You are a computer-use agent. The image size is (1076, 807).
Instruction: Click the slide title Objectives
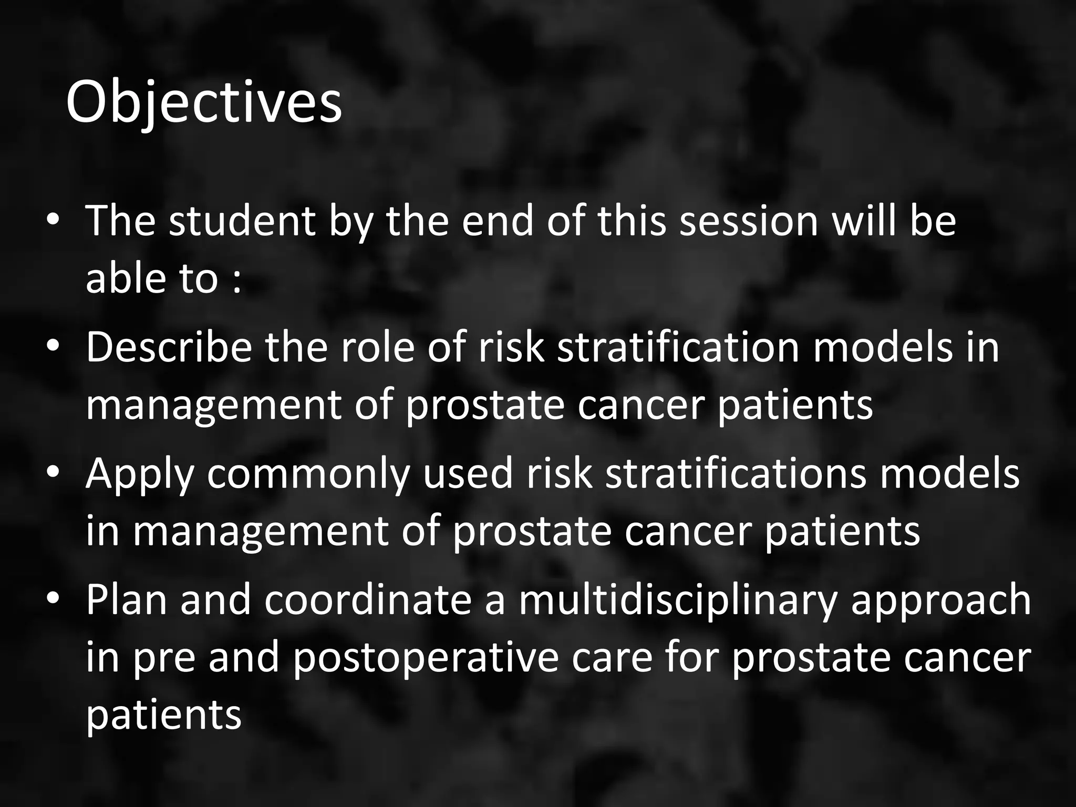(204, 102)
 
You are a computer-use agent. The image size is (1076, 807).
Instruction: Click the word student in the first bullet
(242, 221)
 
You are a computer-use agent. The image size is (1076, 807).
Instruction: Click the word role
(377, 347)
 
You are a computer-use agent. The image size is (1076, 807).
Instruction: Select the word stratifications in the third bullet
(736, 473)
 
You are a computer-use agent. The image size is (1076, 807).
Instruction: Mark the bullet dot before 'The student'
(53, 221)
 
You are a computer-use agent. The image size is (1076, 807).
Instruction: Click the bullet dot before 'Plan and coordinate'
(53, 599)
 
